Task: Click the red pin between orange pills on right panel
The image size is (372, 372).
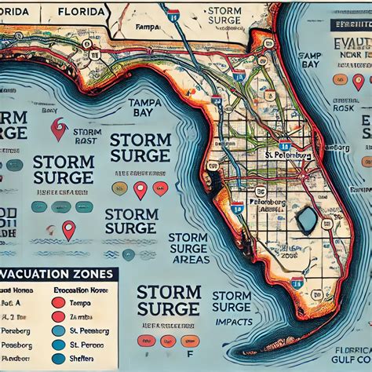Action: click(359, 81)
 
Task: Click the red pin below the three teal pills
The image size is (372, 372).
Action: click(68, 230)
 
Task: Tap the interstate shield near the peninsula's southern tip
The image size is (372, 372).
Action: click(297, 283)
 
